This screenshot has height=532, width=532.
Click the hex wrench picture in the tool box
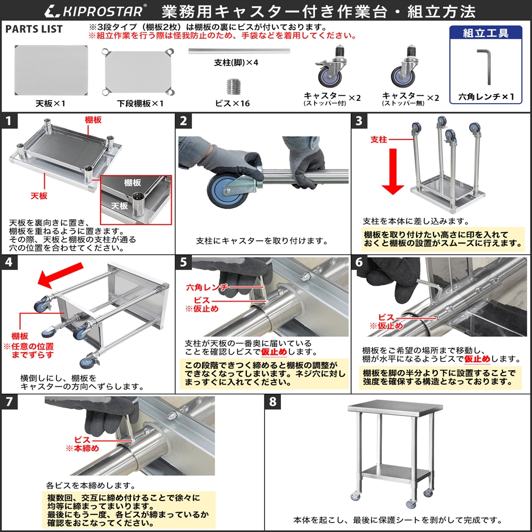click(485, 64)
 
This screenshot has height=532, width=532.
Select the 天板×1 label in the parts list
click(50, 104)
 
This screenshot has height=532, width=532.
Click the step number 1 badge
click(9, 120)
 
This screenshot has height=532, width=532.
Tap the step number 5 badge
click(184, 262)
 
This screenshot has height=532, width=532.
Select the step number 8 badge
click(272, 402)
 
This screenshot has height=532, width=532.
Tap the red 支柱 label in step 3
click(378, 139)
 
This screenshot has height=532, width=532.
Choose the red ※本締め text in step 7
click(82, 448)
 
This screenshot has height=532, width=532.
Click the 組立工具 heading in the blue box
click(485, 33)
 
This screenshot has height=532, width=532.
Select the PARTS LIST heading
click(34, 29)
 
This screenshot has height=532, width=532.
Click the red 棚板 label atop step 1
click(93, 120)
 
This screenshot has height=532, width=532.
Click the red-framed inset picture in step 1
click(136, 198)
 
